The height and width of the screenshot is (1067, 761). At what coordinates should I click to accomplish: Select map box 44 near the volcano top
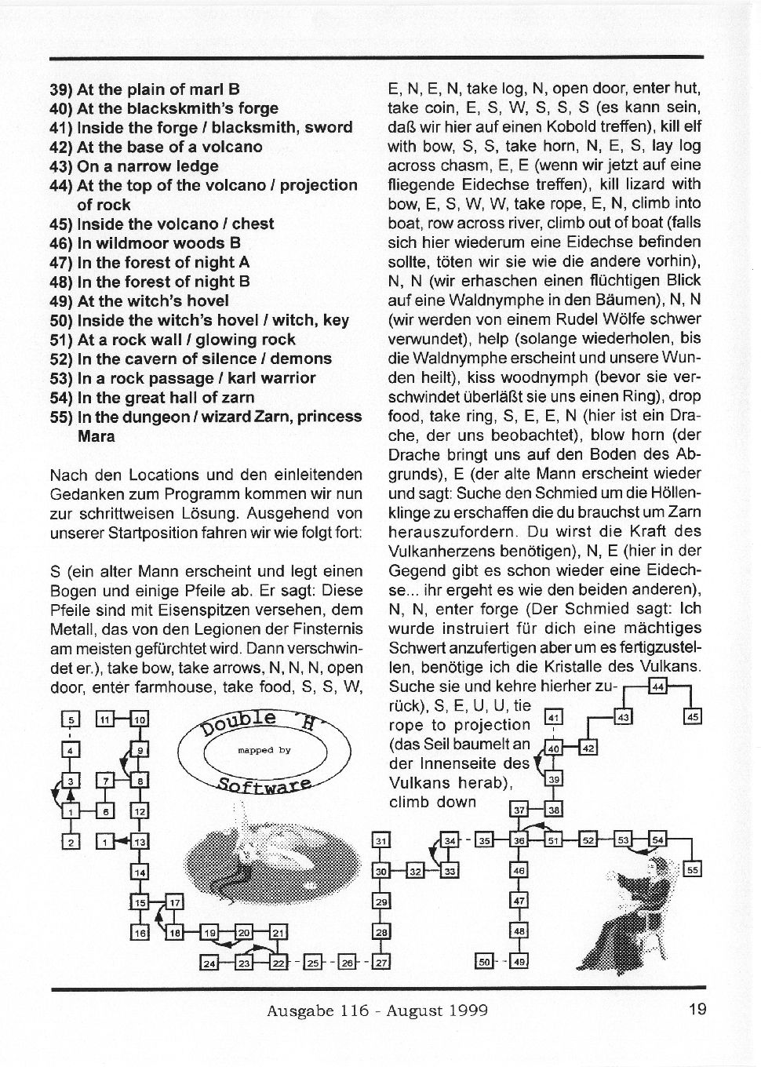(x=658, y=688)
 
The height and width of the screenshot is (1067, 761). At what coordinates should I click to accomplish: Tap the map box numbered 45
(x=693, y=716)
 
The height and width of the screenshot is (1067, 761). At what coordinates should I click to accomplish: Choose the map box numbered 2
(x=71, y=842)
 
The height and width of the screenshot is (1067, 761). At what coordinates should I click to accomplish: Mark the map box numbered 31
(x=380, y=841)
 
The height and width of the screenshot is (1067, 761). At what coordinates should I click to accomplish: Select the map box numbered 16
(x=140, y=932)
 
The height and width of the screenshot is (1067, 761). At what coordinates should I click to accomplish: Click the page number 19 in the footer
(x=697, y=1009)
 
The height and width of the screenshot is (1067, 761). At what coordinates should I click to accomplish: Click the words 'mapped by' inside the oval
(x=264, y=751)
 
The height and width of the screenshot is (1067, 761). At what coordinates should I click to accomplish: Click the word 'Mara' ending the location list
(x=96, y=436)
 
